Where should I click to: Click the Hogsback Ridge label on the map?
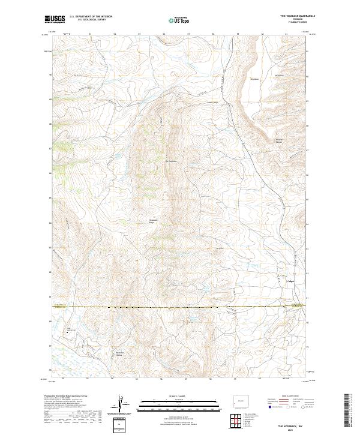(153, 221)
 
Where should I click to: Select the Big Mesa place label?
(254, 78)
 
